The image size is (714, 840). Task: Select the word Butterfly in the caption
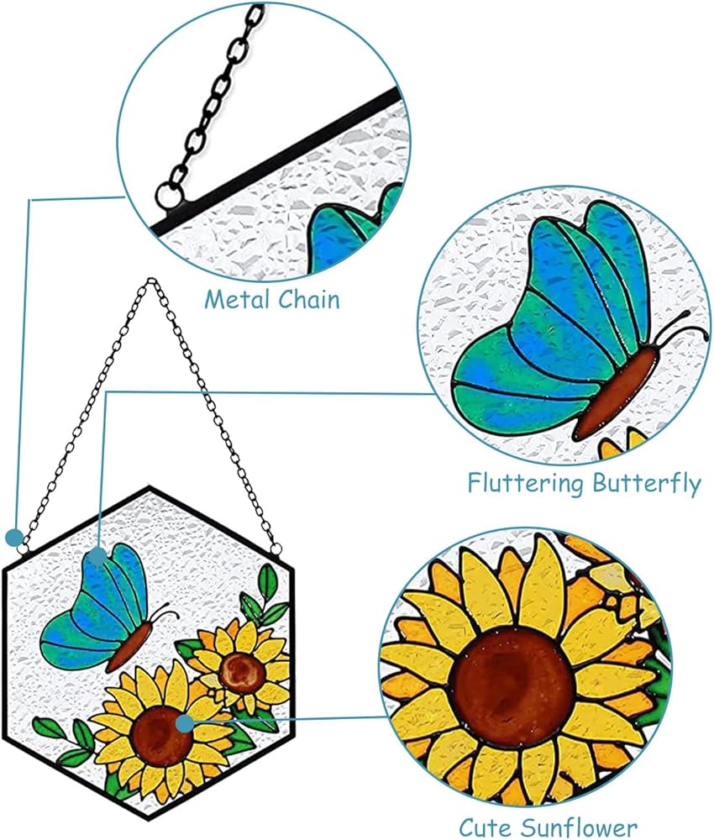point(647,484)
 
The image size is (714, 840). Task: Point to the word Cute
point(484,827)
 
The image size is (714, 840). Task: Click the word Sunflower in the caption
point(577,827)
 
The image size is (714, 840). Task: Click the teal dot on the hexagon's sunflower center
point(185,724)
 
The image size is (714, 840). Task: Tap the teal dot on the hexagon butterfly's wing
point(97,555)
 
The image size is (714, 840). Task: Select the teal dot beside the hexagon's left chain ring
point(14,537)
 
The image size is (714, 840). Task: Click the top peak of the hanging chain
point(151,280)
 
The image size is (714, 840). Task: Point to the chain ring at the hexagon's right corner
point(276,549)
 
